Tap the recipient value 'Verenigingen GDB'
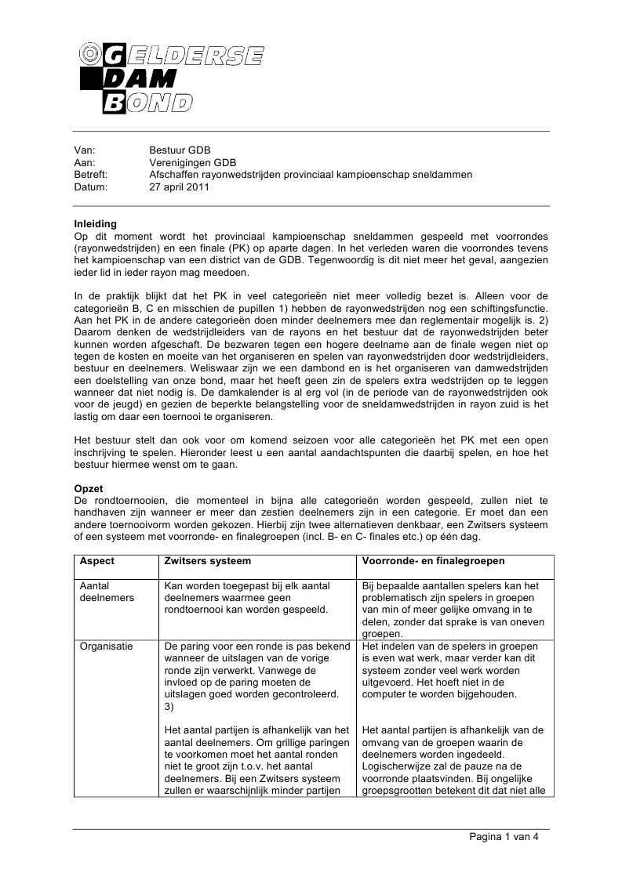191,162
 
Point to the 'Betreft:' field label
90,174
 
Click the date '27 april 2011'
180,187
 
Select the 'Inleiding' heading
95,223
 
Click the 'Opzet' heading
88,487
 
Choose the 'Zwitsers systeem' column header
208,561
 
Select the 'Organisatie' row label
107,646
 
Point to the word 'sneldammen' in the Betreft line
446,174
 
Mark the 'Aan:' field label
84,162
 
